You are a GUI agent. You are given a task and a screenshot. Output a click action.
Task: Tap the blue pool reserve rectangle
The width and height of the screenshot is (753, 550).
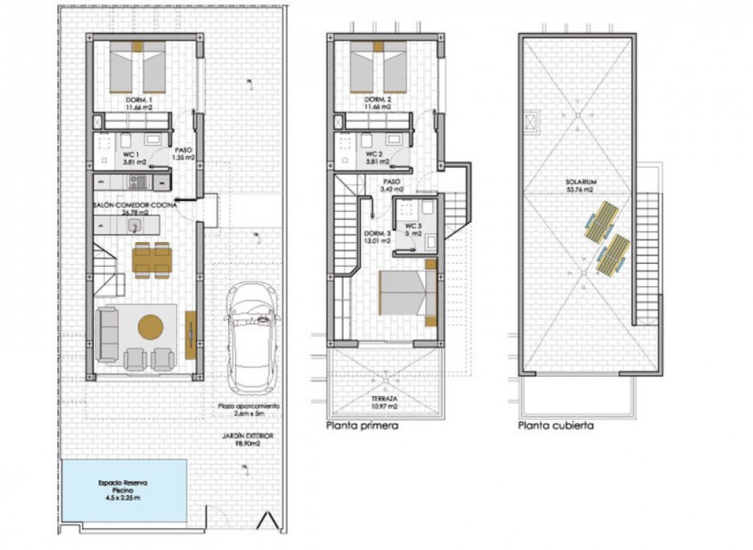pos(124,490)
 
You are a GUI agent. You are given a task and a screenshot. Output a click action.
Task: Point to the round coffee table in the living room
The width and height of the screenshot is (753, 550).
pos(151,326)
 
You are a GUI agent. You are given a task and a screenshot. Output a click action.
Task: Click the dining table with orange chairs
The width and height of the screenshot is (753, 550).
pos(152,260)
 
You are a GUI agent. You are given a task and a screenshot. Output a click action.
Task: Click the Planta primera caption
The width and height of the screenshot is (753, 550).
pos(362,426)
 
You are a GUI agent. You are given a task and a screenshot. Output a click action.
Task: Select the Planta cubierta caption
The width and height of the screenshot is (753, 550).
pos(556,426)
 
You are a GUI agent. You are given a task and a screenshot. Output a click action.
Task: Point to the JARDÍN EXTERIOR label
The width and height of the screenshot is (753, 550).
pos(248,440)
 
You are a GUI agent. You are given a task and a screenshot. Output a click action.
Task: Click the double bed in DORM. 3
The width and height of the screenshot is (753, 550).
pos(403,293)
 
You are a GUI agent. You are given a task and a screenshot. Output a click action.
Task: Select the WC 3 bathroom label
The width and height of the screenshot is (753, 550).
pos(412,230)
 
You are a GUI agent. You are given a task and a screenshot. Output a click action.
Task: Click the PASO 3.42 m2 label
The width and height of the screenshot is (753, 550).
pos(392,185)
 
